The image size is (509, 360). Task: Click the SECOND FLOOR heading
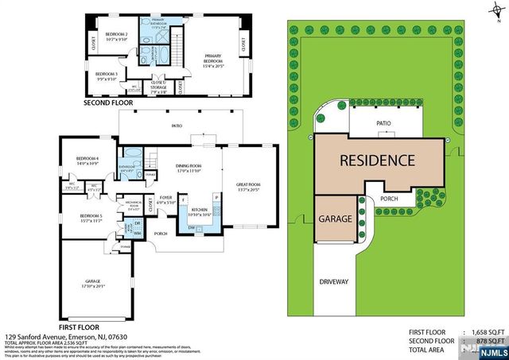109,103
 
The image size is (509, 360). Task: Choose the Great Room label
248,188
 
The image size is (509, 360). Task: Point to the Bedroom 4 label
87,161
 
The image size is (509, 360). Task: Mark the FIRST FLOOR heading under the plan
80,327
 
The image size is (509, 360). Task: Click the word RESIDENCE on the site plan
378,160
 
